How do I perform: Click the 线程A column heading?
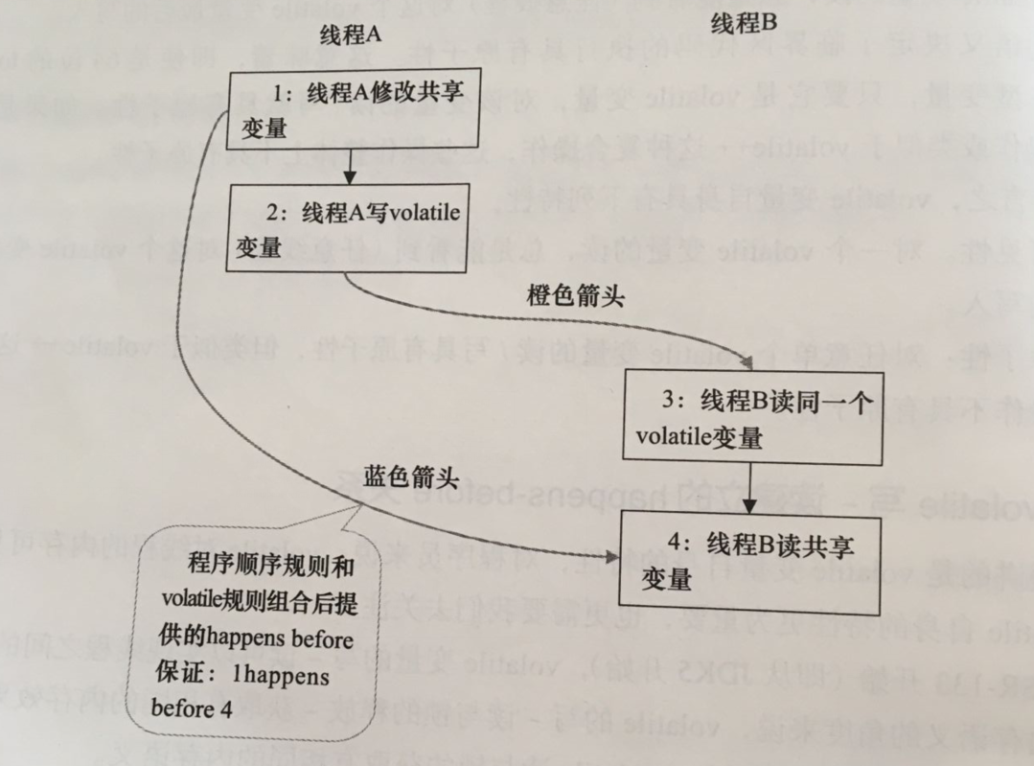351,34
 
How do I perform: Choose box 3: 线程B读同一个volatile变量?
753,418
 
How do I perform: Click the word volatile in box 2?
420,214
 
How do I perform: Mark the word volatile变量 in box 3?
699,437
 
